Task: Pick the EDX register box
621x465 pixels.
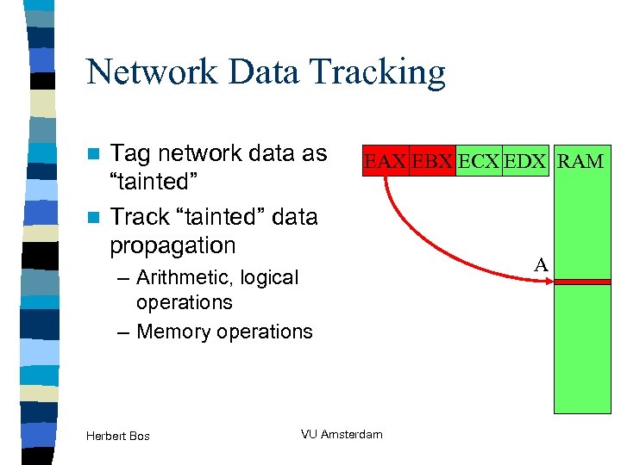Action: pyautogui.click(x=524, y=160)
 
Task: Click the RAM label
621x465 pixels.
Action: pyautogui.click(x=580, y=160)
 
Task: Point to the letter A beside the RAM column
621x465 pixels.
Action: pyautogui.click(x=541, y=265)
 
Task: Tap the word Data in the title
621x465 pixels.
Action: pyautogui.click(x=273, y=72)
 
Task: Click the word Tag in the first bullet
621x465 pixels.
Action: pyautogui.click(x=129, y=153)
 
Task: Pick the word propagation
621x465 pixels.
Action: pyautogui.click(x=172, y=246)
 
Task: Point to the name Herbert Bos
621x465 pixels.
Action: pyautogui.click(x=118, y=436)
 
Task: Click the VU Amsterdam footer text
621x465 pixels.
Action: pyautogui.click(x=342, y=434)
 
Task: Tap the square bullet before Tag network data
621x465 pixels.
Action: pyautogui.click(x=96, y=154)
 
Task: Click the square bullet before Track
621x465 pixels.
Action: pyautogui.click(x=96, y=217)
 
